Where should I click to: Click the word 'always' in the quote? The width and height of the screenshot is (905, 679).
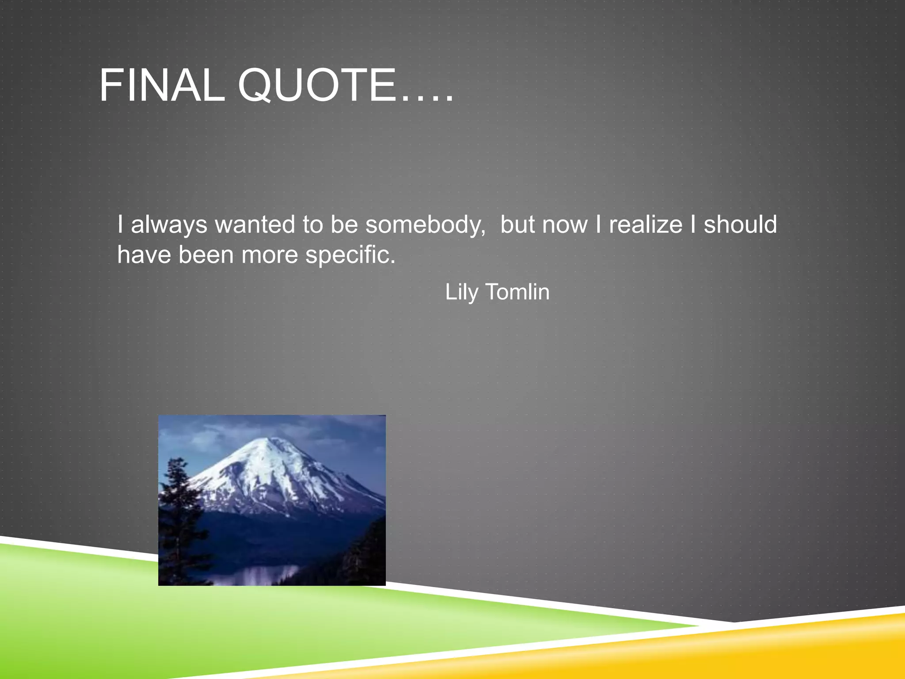pyautogui.click(x=169, y=225)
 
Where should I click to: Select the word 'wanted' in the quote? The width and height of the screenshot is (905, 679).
pyautogui.click(x=255, y=225)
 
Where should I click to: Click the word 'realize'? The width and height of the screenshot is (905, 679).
pyautogui.click(x=646, y=225)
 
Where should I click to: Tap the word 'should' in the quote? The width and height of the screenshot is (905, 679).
pyautogui.click(x=740, y=225)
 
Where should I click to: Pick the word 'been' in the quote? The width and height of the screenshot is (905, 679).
pyautogui.click(x=206, y=255)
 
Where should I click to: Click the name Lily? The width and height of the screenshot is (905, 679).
pyautogui.click(x=461, y=292)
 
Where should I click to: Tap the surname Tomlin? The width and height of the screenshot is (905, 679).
pyautogui.click(x=517, y=292)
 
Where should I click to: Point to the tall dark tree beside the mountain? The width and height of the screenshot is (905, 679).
pyautogui.click(x=177, y=508)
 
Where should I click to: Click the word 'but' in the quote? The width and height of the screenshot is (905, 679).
pyautogui.click(x=517, y=225)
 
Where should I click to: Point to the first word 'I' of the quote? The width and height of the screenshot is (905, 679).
pyautogui.click(x=120, y=225)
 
